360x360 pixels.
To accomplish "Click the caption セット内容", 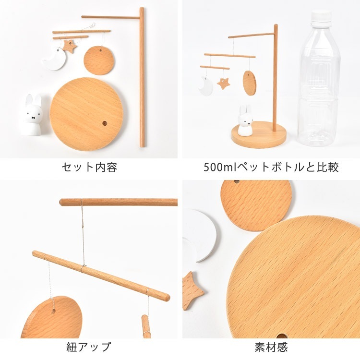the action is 89,167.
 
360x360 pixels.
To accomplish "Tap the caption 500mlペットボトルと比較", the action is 271,167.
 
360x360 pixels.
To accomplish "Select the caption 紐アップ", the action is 89,347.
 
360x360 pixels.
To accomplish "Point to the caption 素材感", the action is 271,347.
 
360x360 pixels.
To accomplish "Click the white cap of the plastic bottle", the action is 322,16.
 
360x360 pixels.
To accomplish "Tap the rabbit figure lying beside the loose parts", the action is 32,114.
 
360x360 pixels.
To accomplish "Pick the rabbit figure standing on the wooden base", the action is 245,120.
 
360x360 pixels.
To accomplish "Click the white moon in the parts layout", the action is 55,59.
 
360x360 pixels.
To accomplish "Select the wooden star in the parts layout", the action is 70,46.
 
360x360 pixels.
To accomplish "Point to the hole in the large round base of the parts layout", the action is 105,123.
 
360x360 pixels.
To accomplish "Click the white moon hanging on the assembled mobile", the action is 206,86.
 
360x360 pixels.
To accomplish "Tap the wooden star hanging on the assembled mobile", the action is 223,84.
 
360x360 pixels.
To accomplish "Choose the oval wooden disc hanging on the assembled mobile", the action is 249,83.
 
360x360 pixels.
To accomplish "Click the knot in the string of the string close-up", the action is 83,227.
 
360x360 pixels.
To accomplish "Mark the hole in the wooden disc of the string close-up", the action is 53,312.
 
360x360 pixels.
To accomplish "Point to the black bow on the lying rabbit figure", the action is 34,118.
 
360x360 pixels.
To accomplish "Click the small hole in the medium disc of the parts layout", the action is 100,50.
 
